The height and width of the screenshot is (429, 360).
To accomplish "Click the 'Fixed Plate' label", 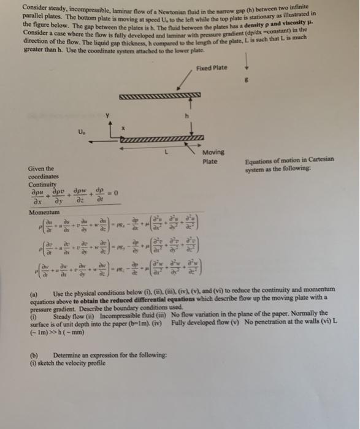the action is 214,67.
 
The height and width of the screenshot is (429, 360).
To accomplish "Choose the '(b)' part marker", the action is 34,355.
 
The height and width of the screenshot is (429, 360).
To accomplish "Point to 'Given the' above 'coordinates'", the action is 40,169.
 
